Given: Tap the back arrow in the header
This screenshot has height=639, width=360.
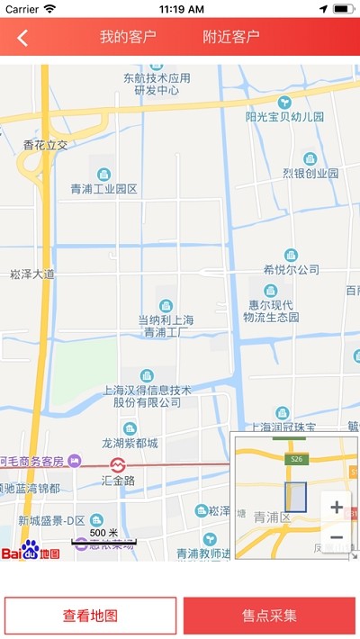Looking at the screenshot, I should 22,38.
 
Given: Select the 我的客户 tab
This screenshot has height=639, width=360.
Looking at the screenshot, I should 128,37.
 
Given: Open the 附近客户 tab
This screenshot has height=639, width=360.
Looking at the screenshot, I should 231,37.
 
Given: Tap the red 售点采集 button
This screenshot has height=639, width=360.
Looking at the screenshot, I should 270,616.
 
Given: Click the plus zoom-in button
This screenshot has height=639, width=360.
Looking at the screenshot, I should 337,507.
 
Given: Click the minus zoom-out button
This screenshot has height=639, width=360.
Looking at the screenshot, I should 337,537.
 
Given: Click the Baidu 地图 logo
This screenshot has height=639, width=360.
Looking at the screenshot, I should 31,550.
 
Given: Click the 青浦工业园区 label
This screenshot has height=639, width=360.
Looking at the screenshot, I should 104,189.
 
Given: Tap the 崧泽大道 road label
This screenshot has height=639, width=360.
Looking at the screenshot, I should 32,274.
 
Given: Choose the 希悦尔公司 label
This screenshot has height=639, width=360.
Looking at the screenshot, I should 292,269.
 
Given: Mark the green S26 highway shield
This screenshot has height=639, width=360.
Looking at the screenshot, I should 294,459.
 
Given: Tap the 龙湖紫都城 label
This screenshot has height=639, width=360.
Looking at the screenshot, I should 130,443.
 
